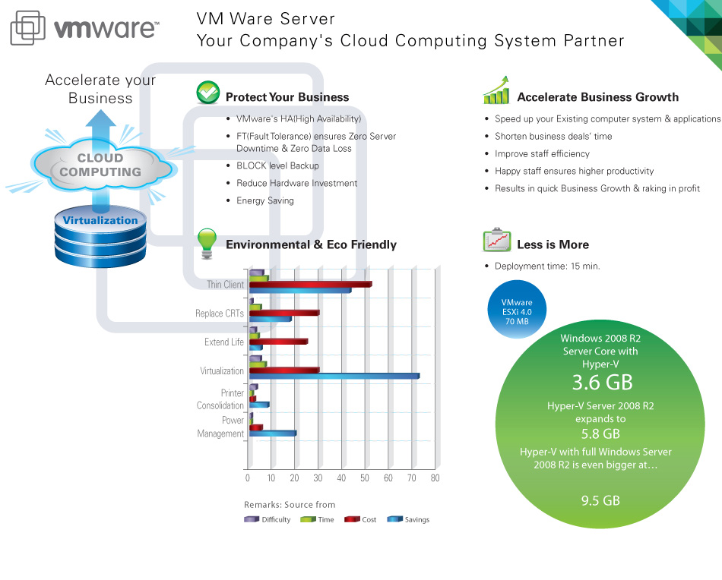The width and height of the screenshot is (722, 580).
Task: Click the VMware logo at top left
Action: (x=84, y=29)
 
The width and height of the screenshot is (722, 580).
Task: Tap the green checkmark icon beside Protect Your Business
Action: (x=207, y=93)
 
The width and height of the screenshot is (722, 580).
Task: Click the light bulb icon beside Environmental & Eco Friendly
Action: (x=207, y=241)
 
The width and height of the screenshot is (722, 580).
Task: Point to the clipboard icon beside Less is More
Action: (x=496, y=240)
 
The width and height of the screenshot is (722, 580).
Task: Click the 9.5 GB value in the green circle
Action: (x=600, y=500)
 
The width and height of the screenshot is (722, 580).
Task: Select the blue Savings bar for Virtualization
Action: (x=334, y=376)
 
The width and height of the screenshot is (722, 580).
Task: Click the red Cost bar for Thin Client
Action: (x=310, y=284)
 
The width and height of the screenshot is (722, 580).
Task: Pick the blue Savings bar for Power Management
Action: (x=272, y=433)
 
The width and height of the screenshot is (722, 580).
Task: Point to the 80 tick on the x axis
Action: (x=435, y=478)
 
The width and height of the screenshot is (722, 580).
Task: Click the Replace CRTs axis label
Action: (x=220, y=314)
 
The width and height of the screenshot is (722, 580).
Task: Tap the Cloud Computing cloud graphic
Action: (x=100, y=165)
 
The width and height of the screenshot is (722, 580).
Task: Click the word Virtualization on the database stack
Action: (x=100, y=221)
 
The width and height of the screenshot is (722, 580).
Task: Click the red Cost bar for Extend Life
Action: (x=278, y=342)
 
